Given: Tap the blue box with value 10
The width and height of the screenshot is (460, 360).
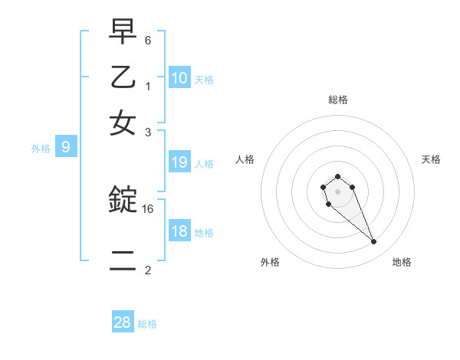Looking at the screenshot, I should (179, 77).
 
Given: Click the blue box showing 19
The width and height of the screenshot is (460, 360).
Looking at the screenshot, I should (179, 162).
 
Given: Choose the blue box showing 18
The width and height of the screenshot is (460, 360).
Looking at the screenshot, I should (179, 231).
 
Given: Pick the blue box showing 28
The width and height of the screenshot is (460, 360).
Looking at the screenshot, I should (123, 322).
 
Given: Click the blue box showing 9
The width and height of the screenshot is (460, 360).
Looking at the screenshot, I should (66, 148).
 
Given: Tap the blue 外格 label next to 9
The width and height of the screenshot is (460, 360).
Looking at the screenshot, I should (41, 149).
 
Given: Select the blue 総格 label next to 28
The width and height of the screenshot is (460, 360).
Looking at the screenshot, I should (147, 324).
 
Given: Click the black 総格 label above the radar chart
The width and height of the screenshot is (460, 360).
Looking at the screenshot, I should (337, 100).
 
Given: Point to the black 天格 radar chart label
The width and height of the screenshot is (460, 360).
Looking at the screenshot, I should (431, 159).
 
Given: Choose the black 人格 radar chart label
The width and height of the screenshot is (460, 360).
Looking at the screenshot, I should (245, 159).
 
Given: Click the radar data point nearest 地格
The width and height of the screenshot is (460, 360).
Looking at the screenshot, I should (373, 242).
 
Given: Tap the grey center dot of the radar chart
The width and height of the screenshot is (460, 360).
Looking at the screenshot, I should (337, 191).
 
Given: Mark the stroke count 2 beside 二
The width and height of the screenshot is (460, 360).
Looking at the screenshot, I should (148, 270).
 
